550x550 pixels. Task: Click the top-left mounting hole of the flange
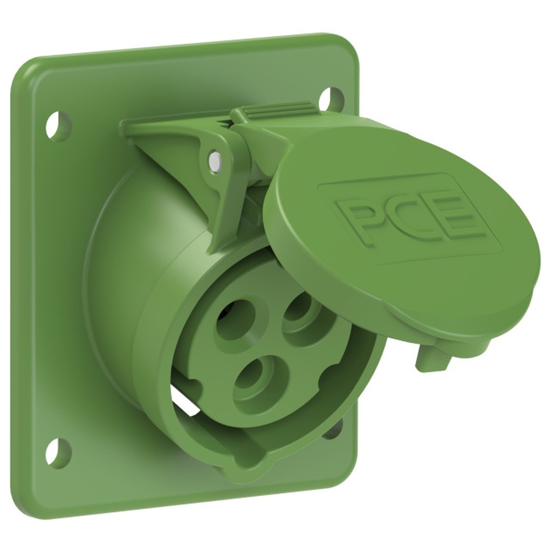(57, 125)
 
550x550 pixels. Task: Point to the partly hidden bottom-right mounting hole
(334, 430)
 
